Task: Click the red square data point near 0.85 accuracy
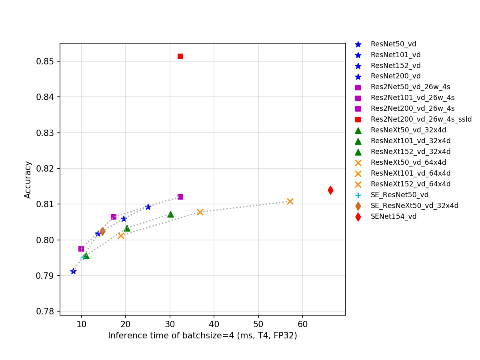coord(180,56)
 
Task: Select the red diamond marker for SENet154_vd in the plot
coord(330,190)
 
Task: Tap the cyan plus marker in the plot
coord(83,257)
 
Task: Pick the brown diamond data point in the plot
coord(102,231)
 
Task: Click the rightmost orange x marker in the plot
coord(290,201)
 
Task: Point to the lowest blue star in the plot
coord(73,271)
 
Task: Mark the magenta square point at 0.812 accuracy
coord(180,197)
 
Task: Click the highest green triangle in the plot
coord(170,214)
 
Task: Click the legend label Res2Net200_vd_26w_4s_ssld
coord(421,119)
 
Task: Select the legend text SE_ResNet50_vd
coord(399,195)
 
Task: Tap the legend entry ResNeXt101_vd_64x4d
coord(410,173)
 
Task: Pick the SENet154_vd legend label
coord(393,216)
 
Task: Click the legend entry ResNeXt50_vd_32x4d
coord(408,130)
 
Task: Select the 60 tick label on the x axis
coord(302,323)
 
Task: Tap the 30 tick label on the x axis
coord(170,323)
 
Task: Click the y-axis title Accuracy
coord(28,180)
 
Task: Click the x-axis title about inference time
coord(202,336)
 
